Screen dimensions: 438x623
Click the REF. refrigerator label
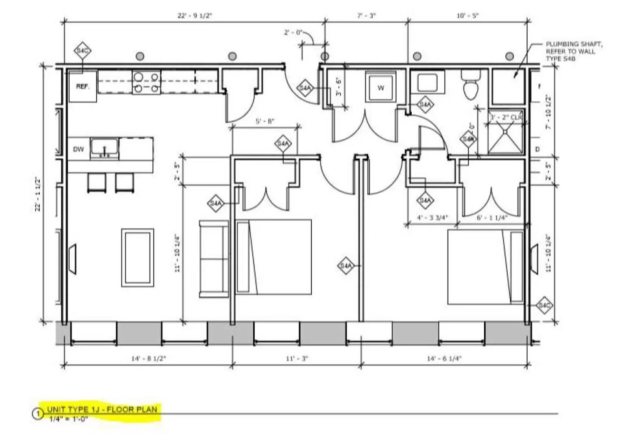pos(82,86)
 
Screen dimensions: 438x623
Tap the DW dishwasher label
pos(78,149)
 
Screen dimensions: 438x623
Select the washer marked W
pos(380,87)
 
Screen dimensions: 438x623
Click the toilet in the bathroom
pos(471,86)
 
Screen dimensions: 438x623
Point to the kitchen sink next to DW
pos(104,147)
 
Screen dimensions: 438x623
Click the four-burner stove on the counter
pos(146,82)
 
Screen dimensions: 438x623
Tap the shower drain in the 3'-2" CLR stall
pos(505,131)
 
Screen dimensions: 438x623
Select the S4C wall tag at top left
pos(83,51)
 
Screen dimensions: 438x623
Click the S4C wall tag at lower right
pos(544,305)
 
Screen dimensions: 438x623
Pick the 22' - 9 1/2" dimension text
pos(195,16)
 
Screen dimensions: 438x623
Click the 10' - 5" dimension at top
pos(468,16)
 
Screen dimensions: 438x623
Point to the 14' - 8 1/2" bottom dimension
pos(148,359)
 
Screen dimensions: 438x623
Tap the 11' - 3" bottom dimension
pos(297,359)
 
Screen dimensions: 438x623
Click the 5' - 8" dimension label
pos(265,121)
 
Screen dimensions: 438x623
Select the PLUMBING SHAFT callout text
pos(573,51)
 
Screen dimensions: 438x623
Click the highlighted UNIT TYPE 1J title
pos(102,409)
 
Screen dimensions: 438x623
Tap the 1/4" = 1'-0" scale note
pos(69,419)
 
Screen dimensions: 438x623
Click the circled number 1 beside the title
pos(38,414)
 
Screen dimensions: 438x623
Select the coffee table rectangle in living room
pos(137,258)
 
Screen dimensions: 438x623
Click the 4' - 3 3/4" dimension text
pos(432,217)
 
